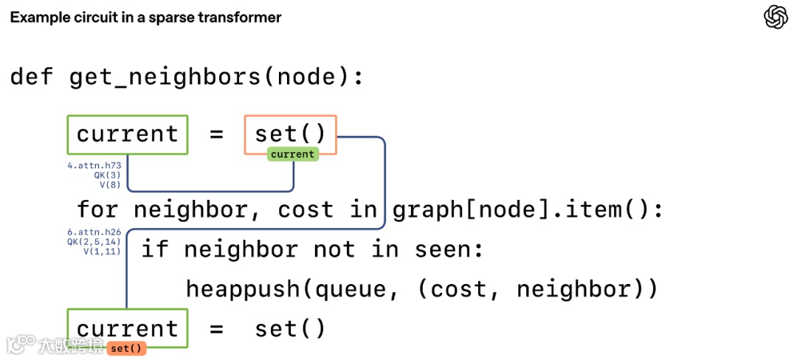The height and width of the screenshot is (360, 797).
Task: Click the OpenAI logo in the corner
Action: coord(776,17)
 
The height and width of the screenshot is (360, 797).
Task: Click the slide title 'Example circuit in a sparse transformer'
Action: coord(145,17)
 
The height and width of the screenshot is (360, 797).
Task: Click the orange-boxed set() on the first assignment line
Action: coord(290,134)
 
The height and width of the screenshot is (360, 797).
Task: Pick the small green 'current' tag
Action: coord(293,154)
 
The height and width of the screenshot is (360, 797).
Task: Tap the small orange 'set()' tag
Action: coord(127,348)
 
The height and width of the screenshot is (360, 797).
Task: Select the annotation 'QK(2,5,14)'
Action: coord(94,241)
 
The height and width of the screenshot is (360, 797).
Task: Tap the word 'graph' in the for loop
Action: coord(431,210)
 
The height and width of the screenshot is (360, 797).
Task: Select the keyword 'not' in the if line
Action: coord(336,249)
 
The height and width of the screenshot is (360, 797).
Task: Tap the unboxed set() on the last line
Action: coord(290,328)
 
